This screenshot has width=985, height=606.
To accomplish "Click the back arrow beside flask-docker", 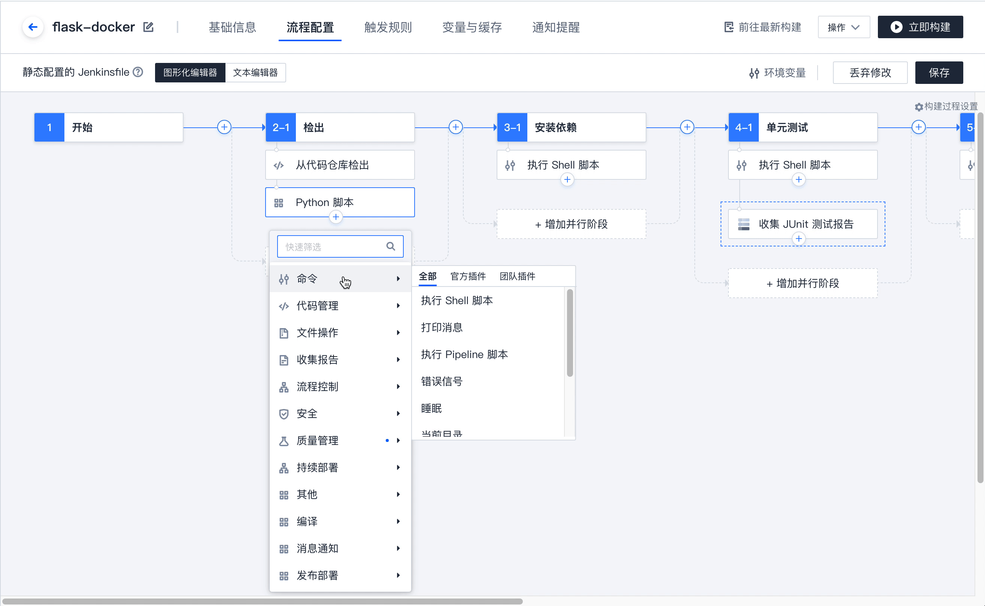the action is pos(33,27).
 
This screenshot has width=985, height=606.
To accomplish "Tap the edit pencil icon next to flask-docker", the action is pos(148,27).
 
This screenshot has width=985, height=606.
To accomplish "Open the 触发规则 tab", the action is pos(388,27).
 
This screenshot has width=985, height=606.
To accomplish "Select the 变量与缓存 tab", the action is pos(472,27).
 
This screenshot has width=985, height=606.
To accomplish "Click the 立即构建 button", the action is pos(920,27).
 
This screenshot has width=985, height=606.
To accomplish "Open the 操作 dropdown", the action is pos(843,27).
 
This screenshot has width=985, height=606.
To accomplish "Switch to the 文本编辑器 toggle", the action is pos(255,73).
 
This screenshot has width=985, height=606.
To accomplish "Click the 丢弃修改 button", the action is pos(870,73).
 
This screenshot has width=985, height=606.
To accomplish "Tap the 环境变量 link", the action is pos(778,73).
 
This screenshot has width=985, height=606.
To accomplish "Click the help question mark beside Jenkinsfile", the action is pos(138,72).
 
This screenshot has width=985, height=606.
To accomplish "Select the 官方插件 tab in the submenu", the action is pos(468,276).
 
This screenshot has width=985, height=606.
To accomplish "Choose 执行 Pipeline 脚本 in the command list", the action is pos(464,354).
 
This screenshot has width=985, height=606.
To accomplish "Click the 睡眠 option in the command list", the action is pos(431,408).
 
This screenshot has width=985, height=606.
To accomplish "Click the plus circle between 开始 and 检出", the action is pos(224,127).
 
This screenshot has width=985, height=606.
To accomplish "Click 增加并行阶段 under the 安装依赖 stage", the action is pos(571,224).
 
